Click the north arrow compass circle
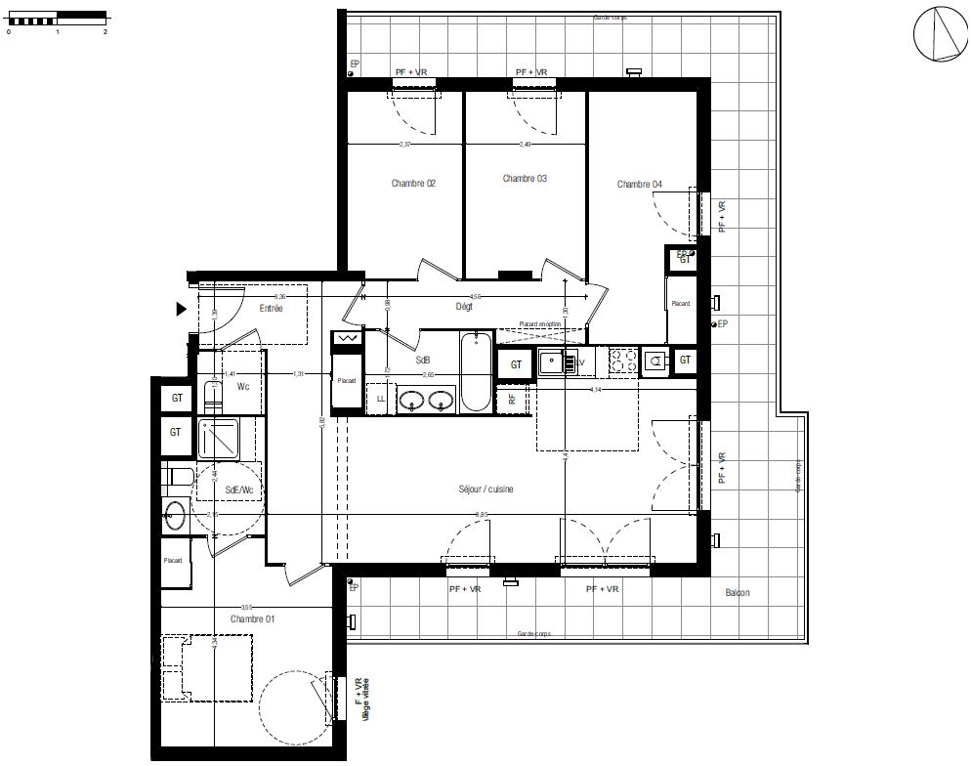coord(940,33)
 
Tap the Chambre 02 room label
coord(413,184)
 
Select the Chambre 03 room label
coord(525,179)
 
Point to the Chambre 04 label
coord(640,185)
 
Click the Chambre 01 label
coord(253,619)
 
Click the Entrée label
coord(271,309)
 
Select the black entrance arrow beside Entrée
coord(181,310)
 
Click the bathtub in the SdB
coord(477,371)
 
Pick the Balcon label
coord(738,593)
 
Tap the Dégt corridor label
coord(464,307)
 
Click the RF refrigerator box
coord(512,400)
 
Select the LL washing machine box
coord(380,399)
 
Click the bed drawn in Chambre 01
coord(207,667)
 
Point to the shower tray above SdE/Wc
coord(220,439)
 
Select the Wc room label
coord(243,387)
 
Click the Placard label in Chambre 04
coord(680,304)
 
